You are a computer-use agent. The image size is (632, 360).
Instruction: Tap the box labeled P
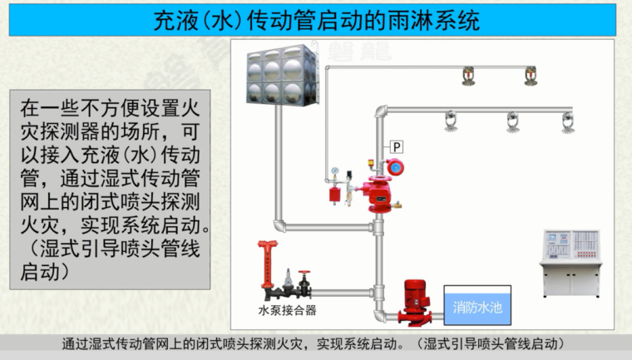(x=397, y=147)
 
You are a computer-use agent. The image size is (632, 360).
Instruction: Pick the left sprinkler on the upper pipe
(x=467, y=77)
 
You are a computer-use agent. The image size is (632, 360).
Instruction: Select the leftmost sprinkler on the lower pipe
(x=452, y=122)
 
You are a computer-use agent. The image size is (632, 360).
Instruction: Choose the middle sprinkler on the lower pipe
(x=512, y=122)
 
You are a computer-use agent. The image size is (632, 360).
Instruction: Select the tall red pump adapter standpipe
(x=267, y=266)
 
